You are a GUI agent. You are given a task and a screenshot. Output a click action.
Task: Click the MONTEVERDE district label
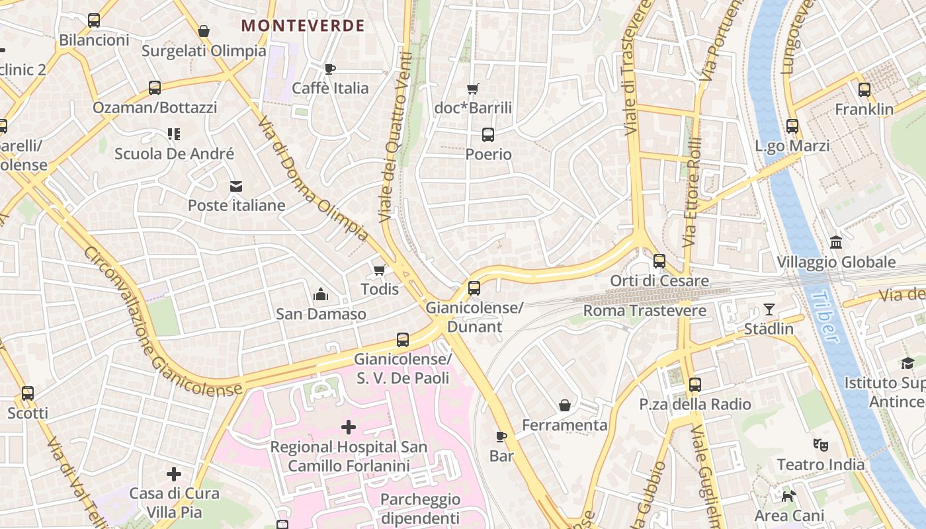point(303,26)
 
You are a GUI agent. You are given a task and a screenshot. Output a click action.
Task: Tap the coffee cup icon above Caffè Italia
point(330,69)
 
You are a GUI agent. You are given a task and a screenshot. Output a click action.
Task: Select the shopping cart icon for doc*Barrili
point(473,89)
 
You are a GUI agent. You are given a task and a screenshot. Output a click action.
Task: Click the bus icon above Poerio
point(488,135)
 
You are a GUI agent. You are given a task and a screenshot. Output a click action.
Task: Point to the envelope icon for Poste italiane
point(236,186)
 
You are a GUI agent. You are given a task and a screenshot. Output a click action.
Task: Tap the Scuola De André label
point(174,153)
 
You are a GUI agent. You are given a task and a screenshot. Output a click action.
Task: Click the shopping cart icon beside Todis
point(380,270)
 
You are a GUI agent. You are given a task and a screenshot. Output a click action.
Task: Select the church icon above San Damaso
point(321,294)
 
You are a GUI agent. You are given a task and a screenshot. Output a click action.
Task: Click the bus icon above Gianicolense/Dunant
point(474,288)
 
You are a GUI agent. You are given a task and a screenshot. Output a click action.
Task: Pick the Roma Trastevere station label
point(644,310)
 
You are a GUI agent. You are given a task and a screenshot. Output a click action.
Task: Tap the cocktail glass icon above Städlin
point(769,309)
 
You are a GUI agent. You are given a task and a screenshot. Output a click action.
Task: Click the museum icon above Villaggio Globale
point(836,242)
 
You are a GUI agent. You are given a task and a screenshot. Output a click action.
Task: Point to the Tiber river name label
point(825,317)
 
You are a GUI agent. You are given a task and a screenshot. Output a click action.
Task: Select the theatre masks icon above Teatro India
point(821,445)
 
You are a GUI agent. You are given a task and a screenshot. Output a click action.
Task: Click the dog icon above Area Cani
point(789,496)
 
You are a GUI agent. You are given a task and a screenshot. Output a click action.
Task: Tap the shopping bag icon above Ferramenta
point(565,405)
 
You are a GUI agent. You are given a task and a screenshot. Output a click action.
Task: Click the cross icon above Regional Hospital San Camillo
point(349,427)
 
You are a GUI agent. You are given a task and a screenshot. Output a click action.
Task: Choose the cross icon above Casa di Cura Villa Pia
point(174,474)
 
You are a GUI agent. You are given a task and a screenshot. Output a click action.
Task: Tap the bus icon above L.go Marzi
point(792,126)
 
